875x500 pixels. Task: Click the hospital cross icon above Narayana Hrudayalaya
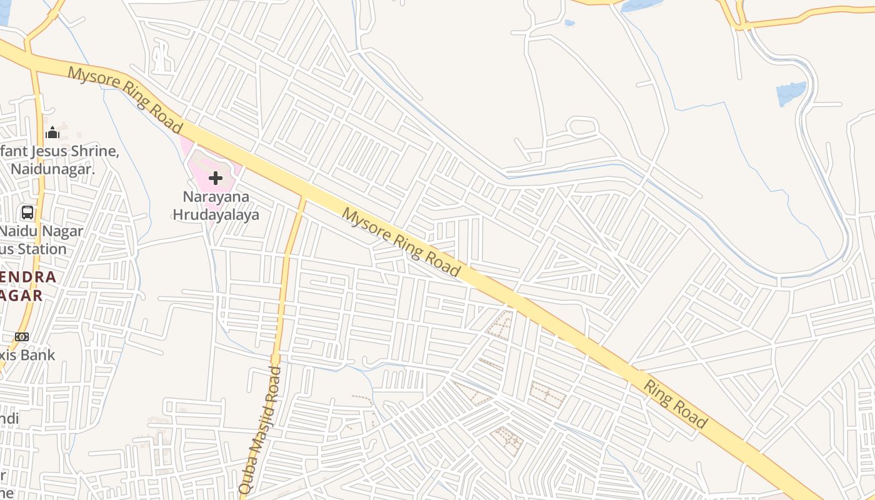216,179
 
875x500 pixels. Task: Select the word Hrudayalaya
216,214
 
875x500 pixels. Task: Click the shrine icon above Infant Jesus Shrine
52,132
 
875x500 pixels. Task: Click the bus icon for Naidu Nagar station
27,212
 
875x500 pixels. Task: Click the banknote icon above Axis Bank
22,337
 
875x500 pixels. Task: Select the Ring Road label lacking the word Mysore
676,404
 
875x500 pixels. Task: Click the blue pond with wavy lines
791,94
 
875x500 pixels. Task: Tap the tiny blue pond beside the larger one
569,23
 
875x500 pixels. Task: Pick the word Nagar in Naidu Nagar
62,231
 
